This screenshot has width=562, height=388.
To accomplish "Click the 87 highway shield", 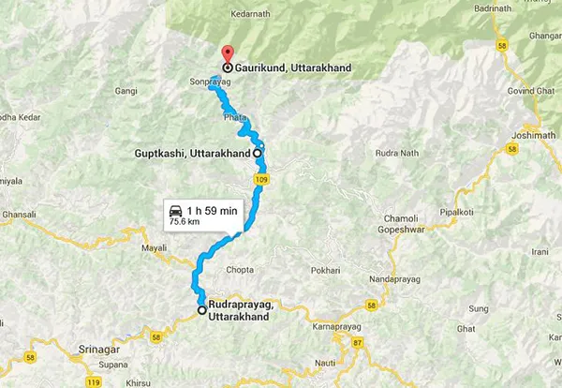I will click(x=358, y=342).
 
